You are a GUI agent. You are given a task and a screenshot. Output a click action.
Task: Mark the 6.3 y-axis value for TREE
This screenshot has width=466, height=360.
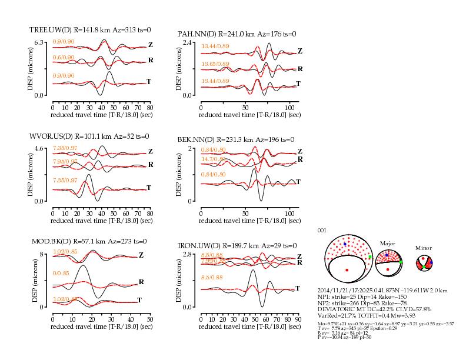40,42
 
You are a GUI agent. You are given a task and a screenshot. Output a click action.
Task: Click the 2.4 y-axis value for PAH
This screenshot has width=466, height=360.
188,43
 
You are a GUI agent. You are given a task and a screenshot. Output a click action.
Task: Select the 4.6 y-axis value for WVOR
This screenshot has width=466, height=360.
40,148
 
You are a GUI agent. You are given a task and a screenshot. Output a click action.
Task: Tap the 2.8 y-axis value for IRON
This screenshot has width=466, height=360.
188,254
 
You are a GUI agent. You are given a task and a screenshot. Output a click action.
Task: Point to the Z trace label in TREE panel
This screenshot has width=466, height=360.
151,45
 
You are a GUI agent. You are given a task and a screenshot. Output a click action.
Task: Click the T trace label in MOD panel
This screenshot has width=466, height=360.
139,300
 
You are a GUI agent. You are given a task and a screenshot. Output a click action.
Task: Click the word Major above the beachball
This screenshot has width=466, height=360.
388,243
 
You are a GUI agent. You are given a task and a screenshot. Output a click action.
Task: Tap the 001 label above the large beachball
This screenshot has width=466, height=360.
321,230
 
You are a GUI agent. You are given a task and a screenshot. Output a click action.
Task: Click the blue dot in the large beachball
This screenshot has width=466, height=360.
345,244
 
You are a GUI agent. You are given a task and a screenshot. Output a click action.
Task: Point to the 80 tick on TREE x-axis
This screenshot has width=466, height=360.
150,108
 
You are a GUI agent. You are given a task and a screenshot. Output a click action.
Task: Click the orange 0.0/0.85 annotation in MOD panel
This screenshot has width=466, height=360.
60,274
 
